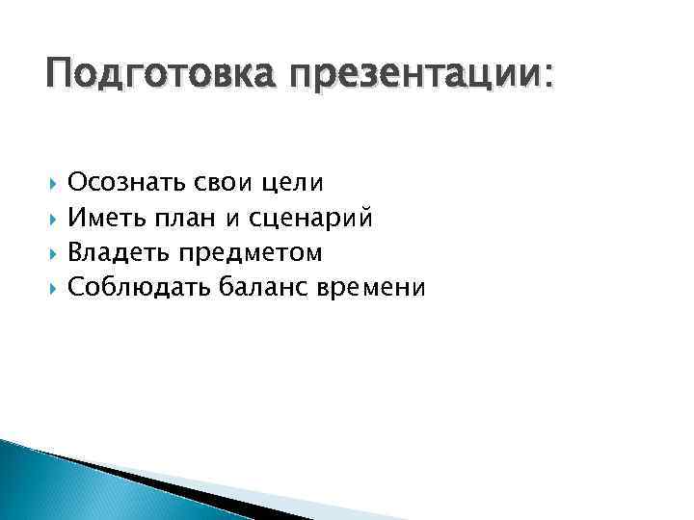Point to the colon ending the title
550,77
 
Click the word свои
217,182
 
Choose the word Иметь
105,218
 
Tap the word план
183,219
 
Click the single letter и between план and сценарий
232,220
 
